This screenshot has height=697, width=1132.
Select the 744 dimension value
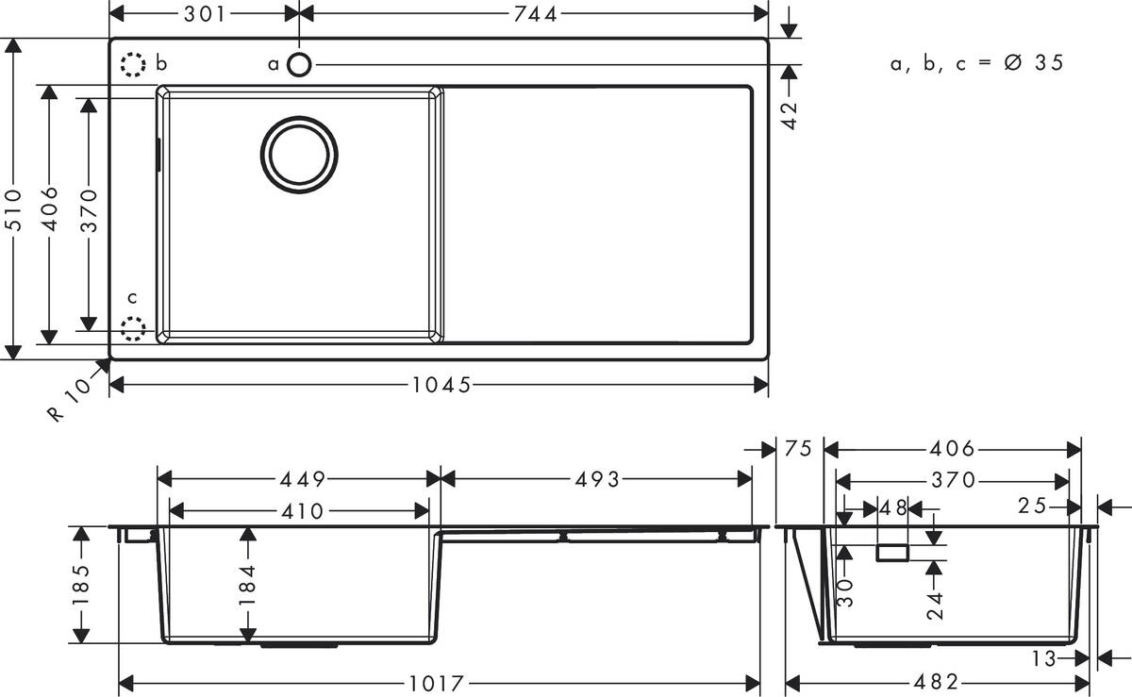534,13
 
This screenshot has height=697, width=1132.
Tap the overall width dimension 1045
441,385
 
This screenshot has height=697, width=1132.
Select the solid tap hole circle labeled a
299,64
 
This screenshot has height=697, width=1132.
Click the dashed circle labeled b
134,65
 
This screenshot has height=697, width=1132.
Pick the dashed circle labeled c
134,328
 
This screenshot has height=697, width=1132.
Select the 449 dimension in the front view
299,479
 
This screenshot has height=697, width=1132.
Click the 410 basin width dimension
299,511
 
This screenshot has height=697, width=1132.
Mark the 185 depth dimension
81,584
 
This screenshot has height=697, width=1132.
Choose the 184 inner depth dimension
248,584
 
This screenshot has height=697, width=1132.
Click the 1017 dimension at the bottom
441,682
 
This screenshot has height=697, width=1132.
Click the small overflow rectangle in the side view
892,552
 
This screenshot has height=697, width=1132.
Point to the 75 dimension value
798,450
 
